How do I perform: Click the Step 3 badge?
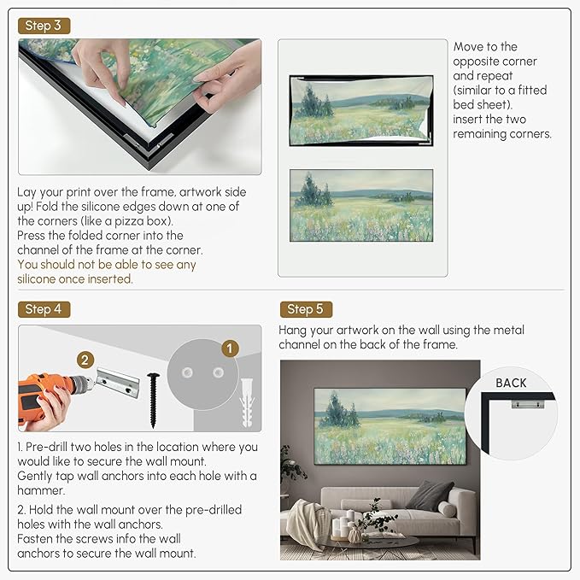(x=44, y=26)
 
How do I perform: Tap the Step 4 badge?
(x=44, y=309)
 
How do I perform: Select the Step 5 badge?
(x=306, y=309)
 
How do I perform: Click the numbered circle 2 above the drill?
(x=85, y=360)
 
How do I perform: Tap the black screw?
(x=153, y=398)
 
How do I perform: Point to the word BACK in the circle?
(x=511, y=383)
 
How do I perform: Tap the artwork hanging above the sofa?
(x=390, y=427)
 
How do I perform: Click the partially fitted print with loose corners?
(x=361, y=108)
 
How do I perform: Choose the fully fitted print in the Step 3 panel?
(x=361, y=205)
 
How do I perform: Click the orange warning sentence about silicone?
(x=107, y=272)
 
